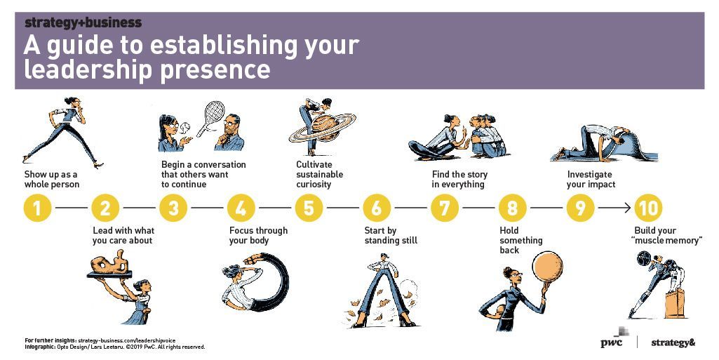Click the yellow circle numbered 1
pyautogui.click(x=37, y=208)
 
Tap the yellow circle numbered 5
pyautogui.click(x=309, y=208)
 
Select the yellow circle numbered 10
pyautogui.click(x=648, y=208)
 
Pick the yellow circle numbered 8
pyautogui.click(x=512, y=208)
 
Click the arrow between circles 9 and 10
pyautogui.click(x=614, y=208)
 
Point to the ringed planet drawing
pyautogui.click(x=323, y=128)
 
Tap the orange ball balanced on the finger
pyautogui.click(x=547, y=267)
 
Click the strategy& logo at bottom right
pyautogui.click(x=673, y=342)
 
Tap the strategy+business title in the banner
pyautogui.click(x=83, y=22)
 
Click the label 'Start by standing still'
pyautogui.click(x=391, y=235)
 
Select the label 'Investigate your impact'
pyautogui.click(x=591, y=180)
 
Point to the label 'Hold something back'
pyautogui.click(x=521, y=240)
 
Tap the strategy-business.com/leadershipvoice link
pyautogui.click(x=126, y=341)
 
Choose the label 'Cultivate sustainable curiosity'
pyautogui.click(x=319, y=174)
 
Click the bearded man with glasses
pyautogui.click(x=230, y=133)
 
